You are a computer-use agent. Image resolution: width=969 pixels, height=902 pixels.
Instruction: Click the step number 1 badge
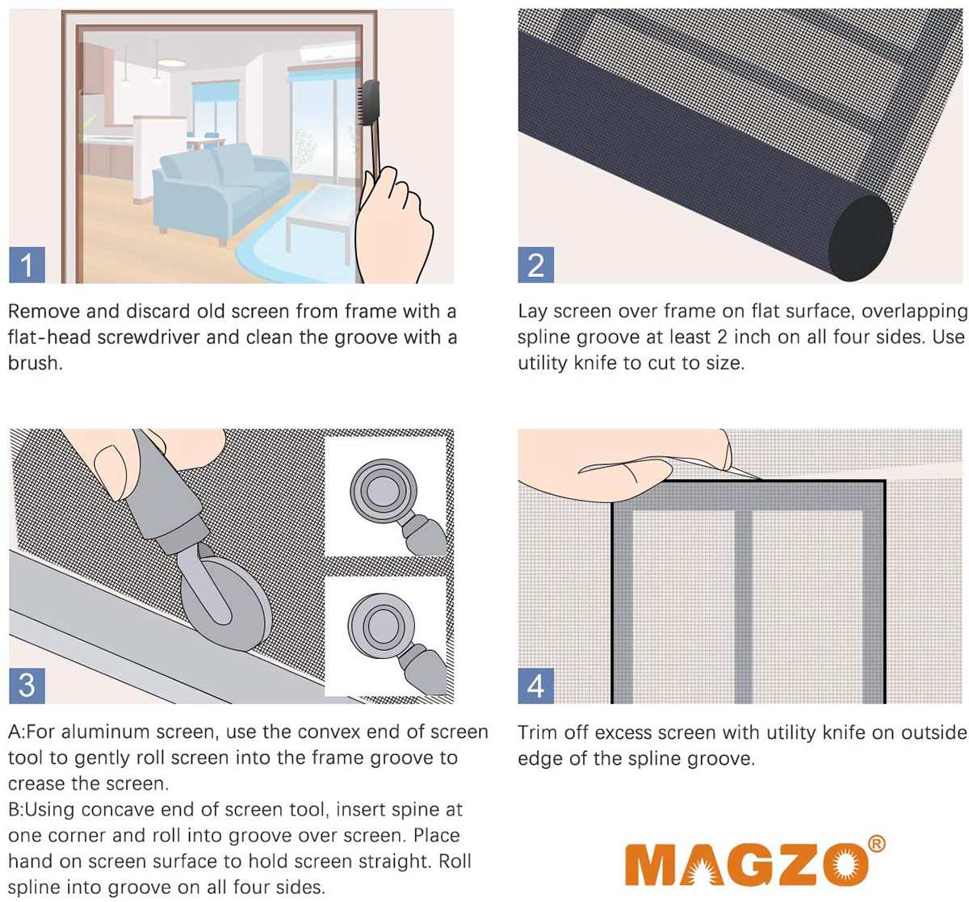point(27,266)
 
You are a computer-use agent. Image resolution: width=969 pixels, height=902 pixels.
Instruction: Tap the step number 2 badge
point(535,266)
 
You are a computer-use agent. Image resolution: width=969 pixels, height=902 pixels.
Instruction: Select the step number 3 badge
point(27,685)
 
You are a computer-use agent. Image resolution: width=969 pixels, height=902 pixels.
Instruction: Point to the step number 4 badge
point(535,686)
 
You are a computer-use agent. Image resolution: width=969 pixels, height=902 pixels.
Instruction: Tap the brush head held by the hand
point(371,108)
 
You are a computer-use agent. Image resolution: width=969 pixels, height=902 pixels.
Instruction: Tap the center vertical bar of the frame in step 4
point(742,598)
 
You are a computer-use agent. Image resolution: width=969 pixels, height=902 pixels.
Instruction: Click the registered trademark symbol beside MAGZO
point(875,845)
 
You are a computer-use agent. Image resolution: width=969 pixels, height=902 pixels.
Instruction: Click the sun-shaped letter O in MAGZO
point(837,866)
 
